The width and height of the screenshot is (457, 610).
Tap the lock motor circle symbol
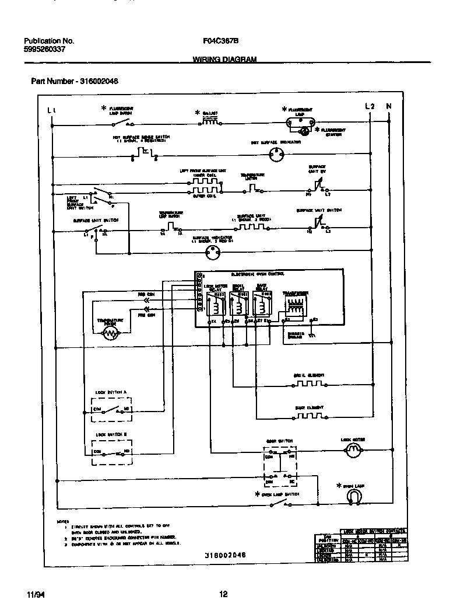(x=352, y=449)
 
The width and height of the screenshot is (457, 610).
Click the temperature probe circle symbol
(x=110, y=333)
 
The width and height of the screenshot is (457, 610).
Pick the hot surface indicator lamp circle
(x=277, y=155)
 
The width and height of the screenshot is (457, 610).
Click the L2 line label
(x=370, y=106)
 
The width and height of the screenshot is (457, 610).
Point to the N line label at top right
(x=389, y=106)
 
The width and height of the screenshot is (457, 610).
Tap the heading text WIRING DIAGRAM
(x=224, y=60)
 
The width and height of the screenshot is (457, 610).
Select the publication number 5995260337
(x=45, y=50)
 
